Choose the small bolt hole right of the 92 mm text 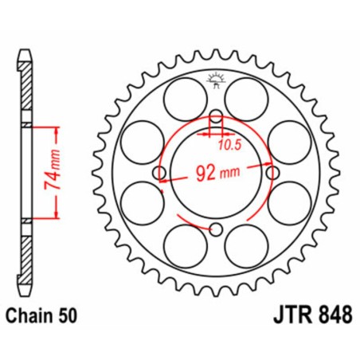coord(273,173)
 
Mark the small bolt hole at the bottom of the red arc coord(215,231)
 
